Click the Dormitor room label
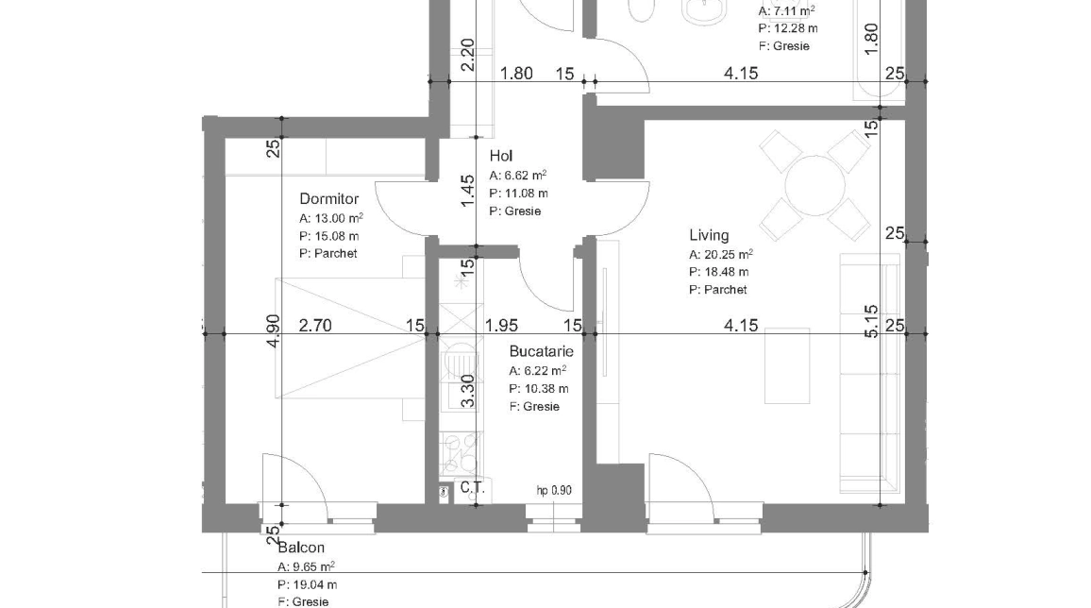(328, 199)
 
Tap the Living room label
(709, 235)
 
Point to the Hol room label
(500, 157)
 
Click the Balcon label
(301, 548)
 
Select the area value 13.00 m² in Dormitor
(337, 217)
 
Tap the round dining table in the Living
(814, 185)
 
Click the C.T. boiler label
(471, 488)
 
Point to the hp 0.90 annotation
(554, 490)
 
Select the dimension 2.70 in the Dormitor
(315, 326)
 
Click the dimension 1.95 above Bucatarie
(501, 326)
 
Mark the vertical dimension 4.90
(274, 330)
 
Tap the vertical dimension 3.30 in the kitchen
(466, 390)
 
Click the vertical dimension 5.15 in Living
(871, 321)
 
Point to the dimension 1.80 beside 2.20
(516, 74)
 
